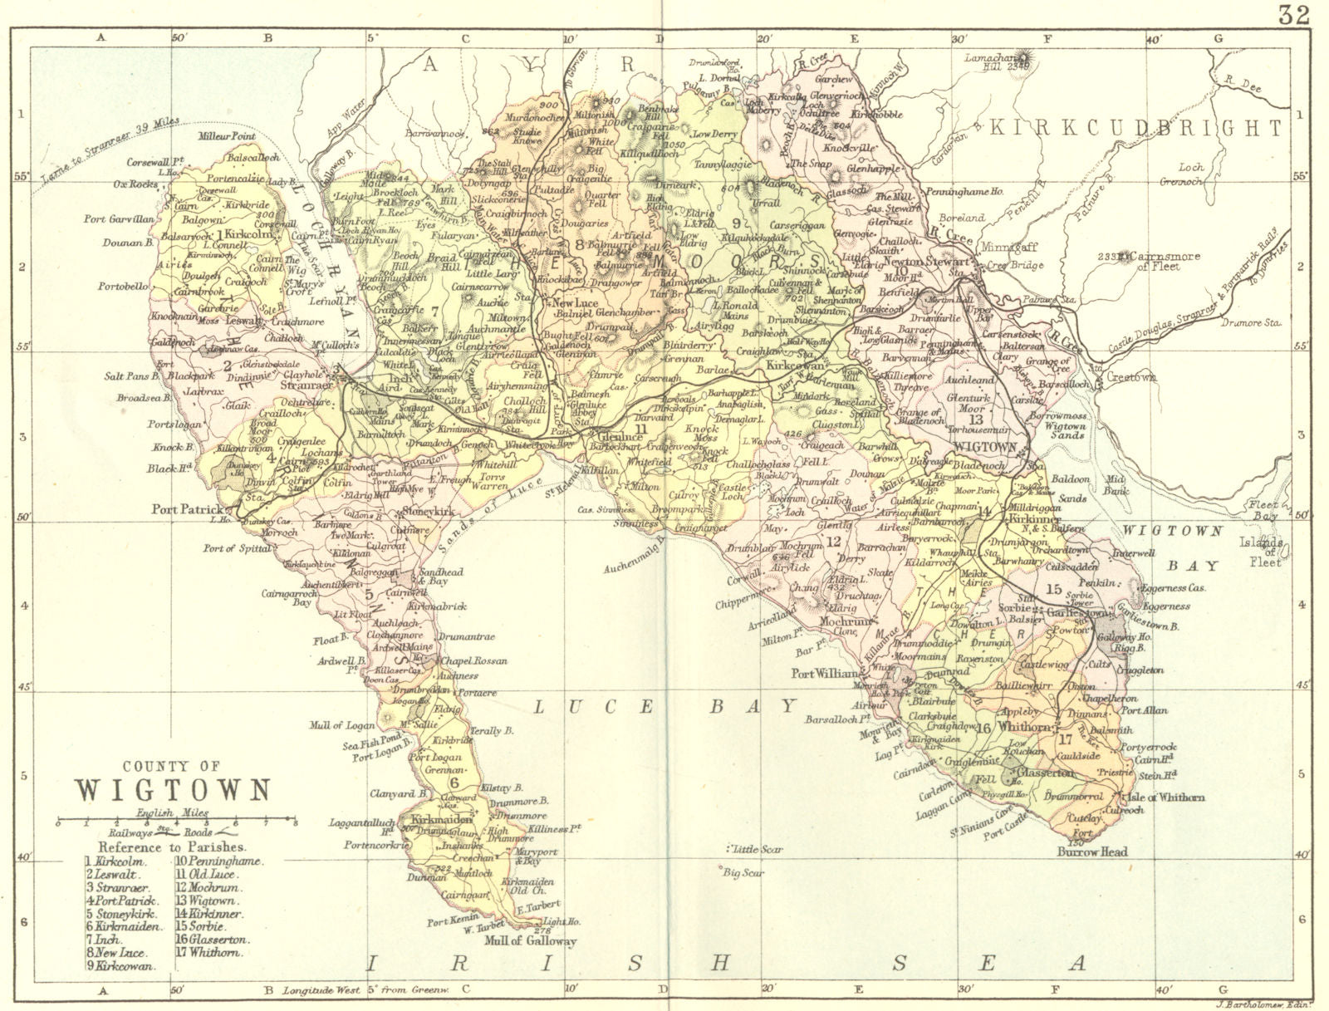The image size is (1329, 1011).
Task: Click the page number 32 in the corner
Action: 1294,14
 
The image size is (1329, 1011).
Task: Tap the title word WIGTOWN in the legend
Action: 173,788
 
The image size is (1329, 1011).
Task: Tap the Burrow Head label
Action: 1091,851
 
